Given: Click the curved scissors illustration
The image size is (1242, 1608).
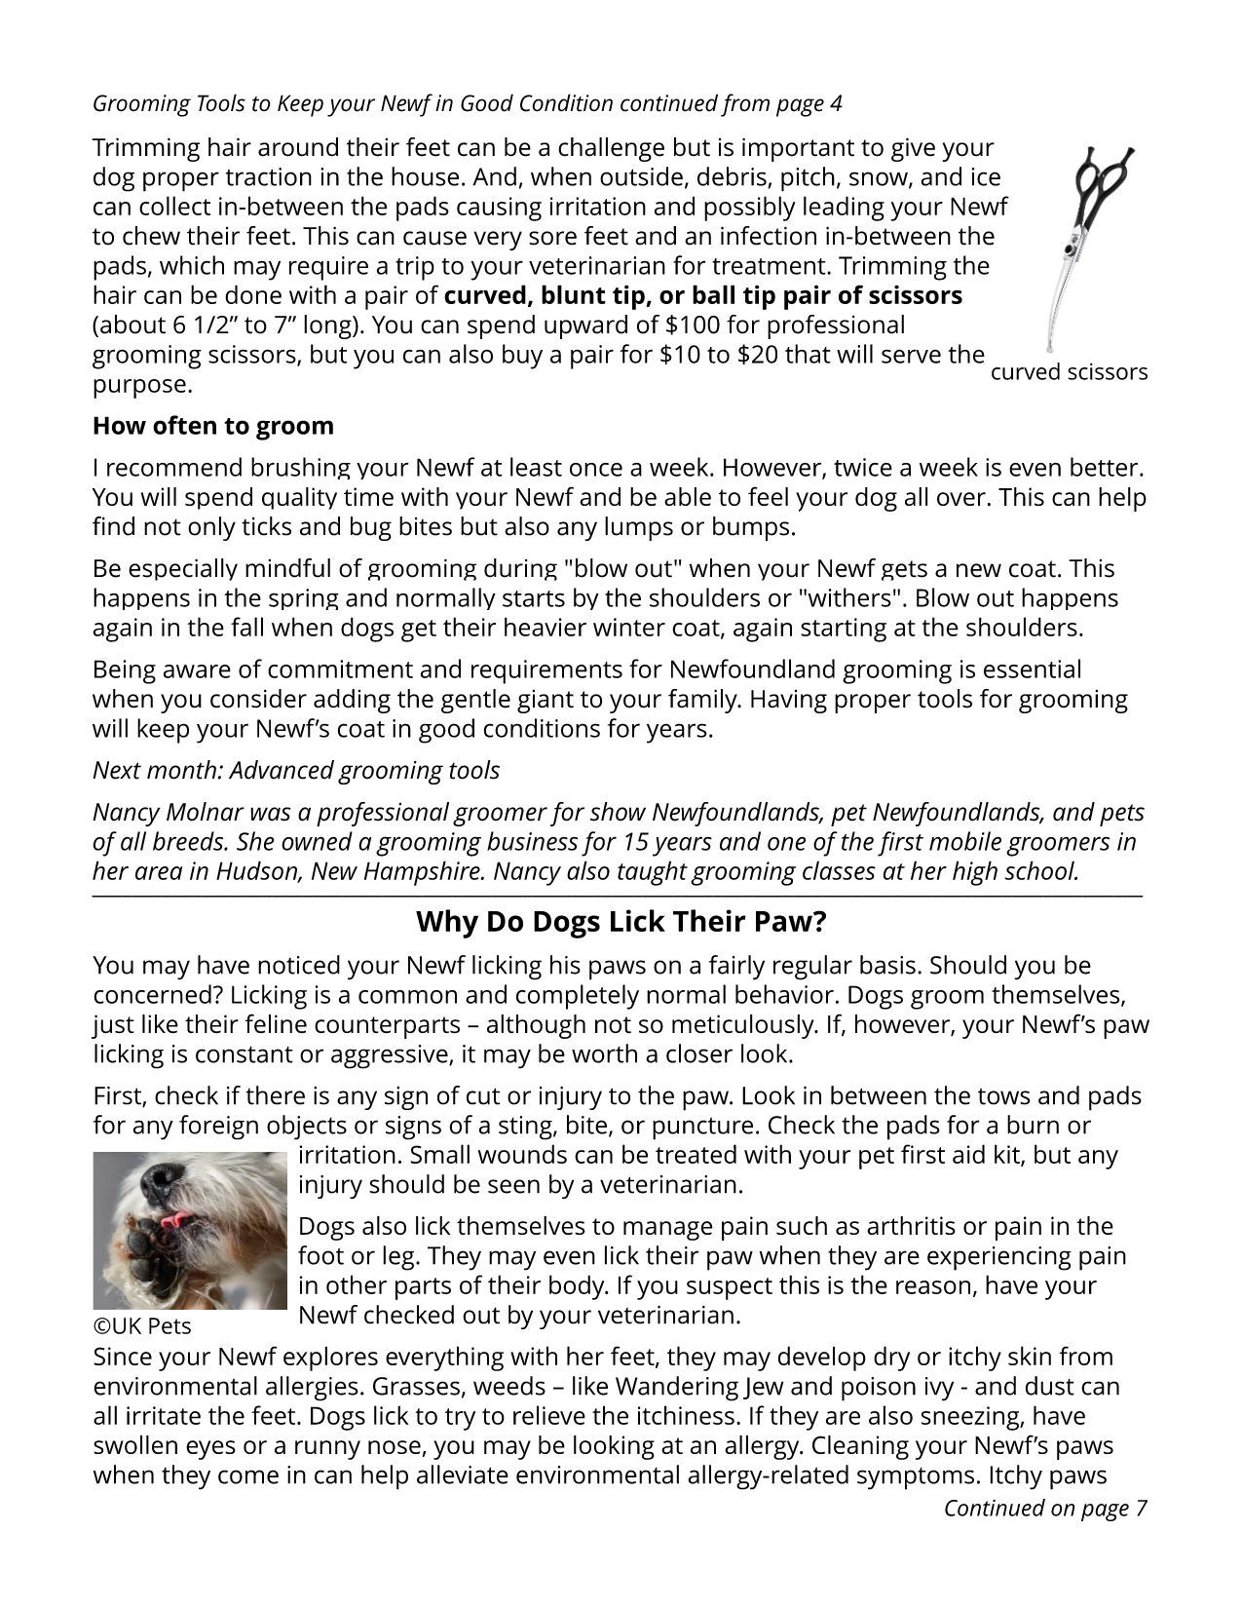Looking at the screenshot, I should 1090,244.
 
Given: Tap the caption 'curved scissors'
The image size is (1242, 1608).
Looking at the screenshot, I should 1069,372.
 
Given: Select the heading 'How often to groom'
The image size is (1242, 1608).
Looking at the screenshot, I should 212,426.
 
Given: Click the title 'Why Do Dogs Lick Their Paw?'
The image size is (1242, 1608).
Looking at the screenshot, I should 621,921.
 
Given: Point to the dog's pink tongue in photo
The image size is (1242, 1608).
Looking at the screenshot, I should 176,1219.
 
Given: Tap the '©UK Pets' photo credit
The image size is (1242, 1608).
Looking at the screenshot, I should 142,1326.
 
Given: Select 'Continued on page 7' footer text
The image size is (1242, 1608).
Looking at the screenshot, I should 1044,1509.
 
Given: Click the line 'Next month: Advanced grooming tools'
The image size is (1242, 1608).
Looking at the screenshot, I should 295,770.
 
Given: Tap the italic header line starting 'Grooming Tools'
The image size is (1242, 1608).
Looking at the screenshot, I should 467,103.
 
